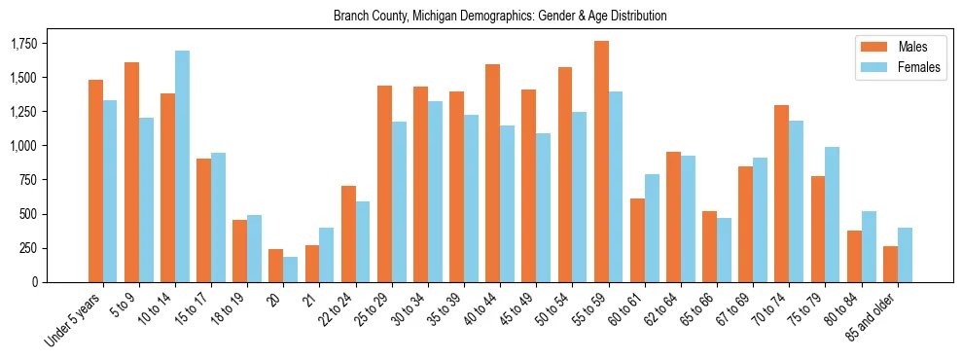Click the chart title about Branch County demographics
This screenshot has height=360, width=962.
tap(500, 17)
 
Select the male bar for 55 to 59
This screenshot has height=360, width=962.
tap(601, 162)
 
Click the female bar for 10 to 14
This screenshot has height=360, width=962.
tap(183, 166)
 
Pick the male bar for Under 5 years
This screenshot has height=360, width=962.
tap(95, 181)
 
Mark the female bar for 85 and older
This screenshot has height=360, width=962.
tap(905, 255)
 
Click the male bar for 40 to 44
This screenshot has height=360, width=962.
tap(493, 173)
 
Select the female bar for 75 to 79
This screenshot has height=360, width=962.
tap(832, 214)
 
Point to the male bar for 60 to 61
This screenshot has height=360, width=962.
tap(637, 240)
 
